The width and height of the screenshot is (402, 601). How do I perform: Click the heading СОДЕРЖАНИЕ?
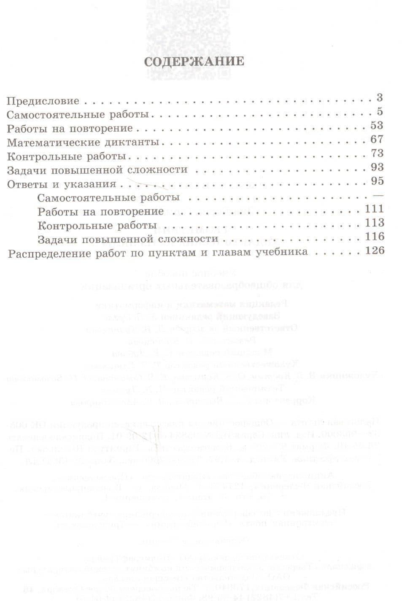coord(194,62)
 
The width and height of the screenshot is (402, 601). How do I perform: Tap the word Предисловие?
coord(43,101)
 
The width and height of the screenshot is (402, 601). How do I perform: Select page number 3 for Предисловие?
coord(380,98)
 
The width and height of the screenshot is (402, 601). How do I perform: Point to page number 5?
coord(380,112)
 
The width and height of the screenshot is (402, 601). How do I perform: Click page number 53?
coord(377,125)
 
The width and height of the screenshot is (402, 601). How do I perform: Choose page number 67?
coord(377,139)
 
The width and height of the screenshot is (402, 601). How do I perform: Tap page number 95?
coord(377,181)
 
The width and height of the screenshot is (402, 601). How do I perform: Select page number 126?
coord(375,251)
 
